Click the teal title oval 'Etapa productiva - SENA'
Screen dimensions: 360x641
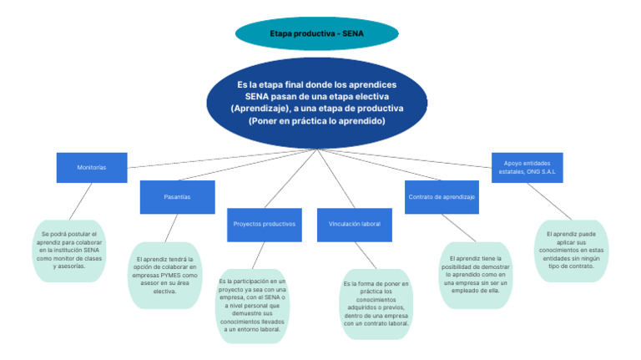point(316,33)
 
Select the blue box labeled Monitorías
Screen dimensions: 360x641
point(92,167)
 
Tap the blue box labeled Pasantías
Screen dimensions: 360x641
point(177,196)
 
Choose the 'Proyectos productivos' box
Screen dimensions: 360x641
point(264,225)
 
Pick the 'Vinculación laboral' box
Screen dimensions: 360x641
point(355,225)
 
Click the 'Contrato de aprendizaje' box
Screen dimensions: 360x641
point(442,196)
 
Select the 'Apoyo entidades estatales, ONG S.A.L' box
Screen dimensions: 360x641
point(527,167)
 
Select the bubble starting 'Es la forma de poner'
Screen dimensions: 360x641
point(376,302)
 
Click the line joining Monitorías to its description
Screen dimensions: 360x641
point(80,201)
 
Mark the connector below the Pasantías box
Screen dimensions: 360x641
point(171,227)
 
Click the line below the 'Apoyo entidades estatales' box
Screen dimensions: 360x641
point(549,197)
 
